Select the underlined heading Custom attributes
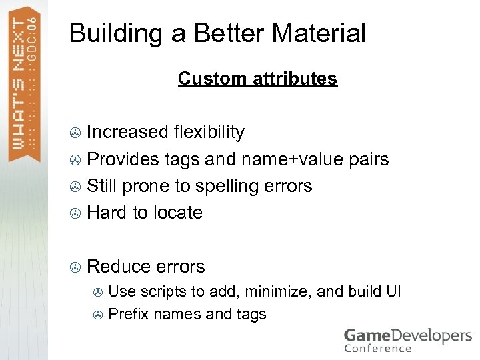point(257,79)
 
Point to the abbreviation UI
point(393,291)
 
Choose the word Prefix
point(128,314)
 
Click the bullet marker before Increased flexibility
point(76,133)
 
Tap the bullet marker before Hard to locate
point(76,213)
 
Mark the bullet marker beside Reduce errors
point(76,267)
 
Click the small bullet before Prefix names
point(98,315)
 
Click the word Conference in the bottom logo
point(378,348)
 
